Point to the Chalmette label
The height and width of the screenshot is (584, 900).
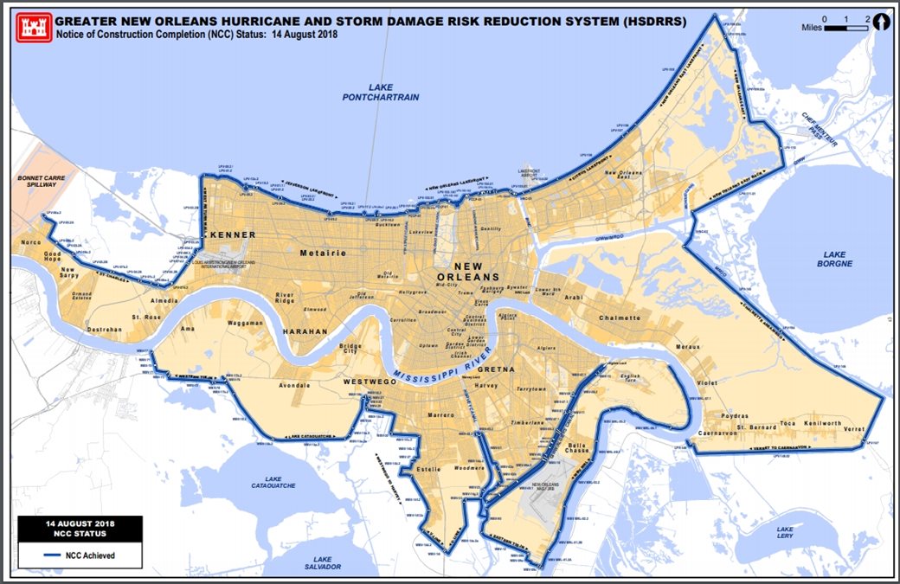620,318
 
